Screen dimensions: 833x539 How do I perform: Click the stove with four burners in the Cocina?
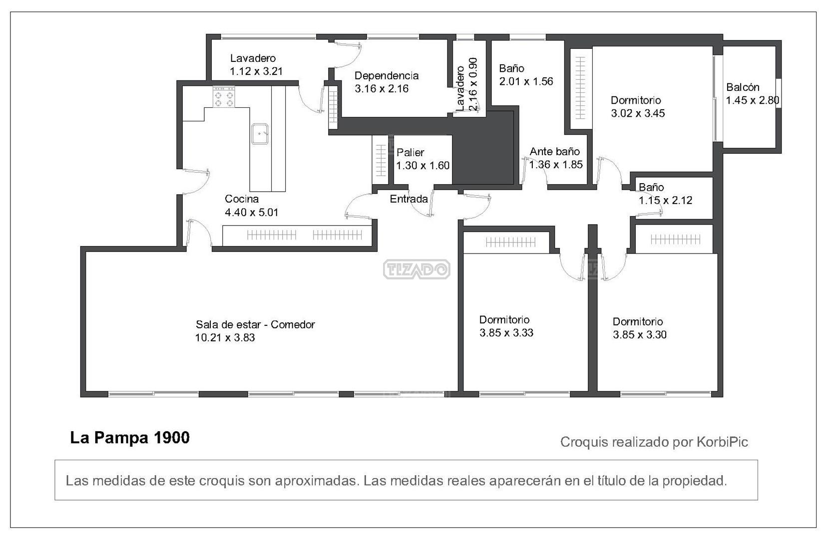[x=224, y=97]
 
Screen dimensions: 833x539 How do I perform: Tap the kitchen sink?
[x=260, y=134]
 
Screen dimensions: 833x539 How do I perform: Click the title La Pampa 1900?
[x=130, y=438]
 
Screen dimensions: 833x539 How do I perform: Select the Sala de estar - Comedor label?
[x=255, y=324]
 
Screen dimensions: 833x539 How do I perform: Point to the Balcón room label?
[x=743, y=87]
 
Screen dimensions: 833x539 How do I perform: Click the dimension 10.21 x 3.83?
[x=225, y=337]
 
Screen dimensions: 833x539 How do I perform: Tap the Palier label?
[x=410, y=152]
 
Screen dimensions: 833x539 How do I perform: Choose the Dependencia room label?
[x=387, y=76]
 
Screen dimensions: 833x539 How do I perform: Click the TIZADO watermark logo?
[x=416, y=269]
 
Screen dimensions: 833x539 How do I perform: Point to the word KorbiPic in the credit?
[x=722, y=442]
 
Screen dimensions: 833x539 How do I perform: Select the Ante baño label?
[x=554, y=152]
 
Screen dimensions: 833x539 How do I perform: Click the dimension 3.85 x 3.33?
[x=506, y=333]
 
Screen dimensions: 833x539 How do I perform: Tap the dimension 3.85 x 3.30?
[x=640, y=334]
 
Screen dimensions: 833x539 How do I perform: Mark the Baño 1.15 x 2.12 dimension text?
[x=665, y=200]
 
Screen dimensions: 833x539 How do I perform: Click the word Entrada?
[x=409, y=199]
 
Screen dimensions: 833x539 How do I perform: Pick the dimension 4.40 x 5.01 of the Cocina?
[x=251, y=212]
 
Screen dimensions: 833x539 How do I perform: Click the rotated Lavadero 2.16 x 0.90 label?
[x=466, y=84]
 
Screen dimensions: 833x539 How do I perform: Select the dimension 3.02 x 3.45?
[x=638, y=113]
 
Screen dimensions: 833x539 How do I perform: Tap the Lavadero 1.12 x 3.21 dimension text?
[x=256, y=71]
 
